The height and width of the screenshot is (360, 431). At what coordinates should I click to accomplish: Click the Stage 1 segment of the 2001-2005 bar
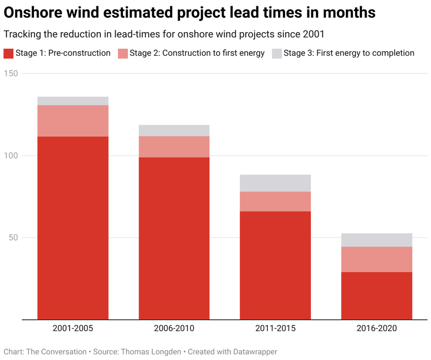[x=73, y=227]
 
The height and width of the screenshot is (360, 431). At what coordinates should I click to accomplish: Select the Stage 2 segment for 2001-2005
[x=73, y=121]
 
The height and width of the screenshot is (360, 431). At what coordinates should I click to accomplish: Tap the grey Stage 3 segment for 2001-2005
[x=73, y=101]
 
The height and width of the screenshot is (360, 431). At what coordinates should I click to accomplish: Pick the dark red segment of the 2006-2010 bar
[x=174, y=238]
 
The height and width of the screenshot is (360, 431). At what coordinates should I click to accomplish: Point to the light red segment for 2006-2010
[x=174, y=146]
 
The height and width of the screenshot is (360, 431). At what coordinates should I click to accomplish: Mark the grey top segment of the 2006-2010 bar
[x=174, y=130]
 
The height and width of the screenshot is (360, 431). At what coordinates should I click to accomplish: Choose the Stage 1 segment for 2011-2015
[x=275, y=265]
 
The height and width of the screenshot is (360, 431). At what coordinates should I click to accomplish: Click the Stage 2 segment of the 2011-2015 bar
[x=275, y=202]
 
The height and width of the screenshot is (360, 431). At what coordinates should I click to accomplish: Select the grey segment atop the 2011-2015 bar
[x=275, y=183]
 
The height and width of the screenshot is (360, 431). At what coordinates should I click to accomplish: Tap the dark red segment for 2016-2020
[x=376, y=296]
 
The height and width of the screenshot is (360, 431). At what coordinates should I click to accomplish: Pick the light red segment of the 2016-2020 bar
[x=376, y=259]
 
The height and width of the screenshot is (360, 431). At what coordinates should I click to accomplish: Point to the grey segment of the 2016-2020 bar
[x=376, y=240]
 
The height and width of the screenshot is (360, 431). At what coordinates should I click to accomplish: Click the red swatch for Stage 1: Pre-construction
[x=8, y=53]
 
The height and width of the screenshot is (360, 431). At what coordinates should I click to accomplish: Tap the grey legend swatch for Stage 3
[x=276, y=53]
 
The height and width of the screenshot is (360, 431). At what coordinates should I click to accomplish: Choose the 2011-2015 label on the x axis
[x=275, y=328]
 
